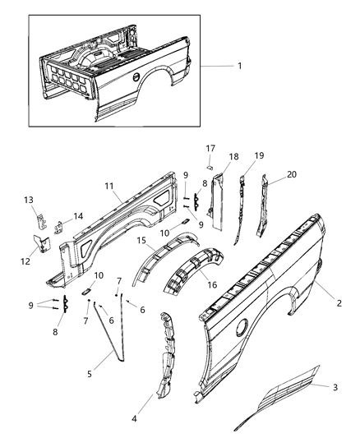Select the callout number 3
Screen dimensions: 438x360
point(335,385)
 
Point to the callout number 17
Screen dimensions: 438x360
point(210,148)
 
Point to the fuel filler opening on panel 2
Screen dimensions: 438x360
point(242,327)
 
